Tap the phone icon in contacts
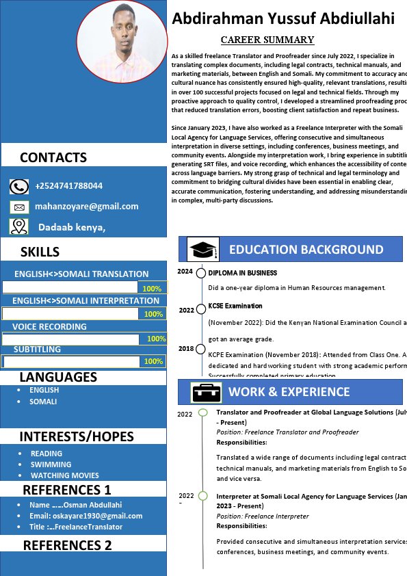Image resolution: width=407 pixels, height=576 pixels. click(19, 186)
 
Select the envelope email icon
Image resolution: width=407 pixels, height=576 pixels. click(19, 207)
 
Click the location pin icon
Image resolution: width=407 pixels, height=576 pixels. click(19, 226)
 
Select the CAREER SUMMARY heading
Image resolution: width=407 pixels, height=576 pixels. click(267, 40)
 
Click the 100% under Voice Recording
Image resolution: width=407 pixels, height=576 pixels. click(156, 339)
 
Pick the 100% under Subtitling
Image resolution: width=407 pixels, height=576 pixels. click(153, 361)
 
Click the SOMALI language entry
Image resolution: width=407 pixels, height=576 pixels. click(43, 402)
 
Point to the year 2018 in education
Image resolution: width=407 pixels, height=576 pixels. click(186, 349)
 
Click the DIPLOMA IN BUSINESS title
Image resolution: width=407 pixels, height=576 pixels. click(242, 273)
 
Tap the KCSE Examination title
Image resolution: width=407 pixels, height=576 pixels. click(235, 306)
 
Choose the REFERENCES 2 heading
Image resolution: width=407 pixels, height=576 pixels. click(67, 545)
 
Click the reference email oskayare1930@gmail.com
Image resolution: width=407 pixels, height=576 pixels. click(86, 516)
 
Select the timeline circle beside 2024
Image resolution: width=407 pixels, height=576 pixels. click(201, 273)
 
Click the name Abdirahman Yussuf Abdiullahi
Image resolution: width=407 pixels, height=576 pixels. click(283, 18)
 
